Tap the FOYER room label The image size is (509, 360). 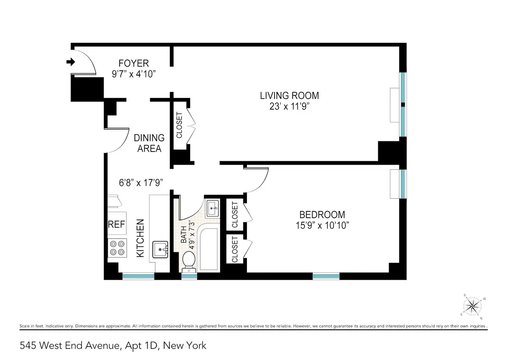pyautogui.click(x=134, y=63)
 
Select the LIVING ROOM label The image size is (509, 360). pyautogui.click(x=289, y=96)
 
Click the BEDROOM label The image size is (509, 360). pyautogui.click(x=322, y=214)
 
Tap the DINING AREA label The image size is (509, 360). pyautogui.click(x=149, y=143)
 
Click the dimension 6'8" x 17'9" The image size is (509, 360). pyautogui.click(x=141, y=183)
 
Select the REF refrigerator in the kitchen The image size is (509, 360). pyautogui.click(x=116, y=224)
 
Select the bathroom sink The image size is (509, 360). pyautogui.click(x=213, y=208)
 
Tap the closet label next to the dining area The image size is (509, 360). pyautogui.click(x=179, y=125)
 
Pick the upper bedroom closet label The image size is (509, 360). pyautogui.click(x=235, y=214)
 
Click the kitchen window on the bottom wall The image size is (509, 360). pyautogui.click(x=138, y=276)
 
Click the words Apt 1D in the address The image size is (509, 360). pyautogui.click(x=134, y=346)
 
